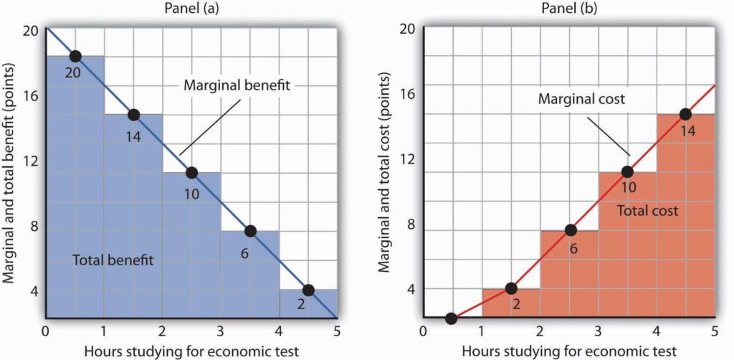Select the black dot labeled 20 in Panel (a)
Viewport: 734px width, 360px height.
click(75, 56)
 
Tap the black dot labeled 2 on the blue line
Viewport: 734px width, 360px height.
click(308, 290)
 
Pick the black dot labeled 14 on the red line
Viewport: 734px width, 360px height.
click(685, 114)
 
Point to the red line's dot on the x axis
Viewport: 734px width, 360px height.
click(451, 318)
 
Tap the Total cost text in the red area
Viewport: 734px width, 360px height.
click(647, 211)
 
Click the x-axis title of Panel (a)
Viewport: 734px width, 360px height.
click(192, 350)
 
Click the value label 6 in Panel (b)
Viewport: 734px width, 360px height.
click(574, 250)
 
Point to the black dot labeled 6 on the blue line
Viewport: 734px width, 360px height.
click(250, 231)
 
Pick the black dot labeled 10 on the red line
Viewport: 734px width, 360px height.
click(627, 172)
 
